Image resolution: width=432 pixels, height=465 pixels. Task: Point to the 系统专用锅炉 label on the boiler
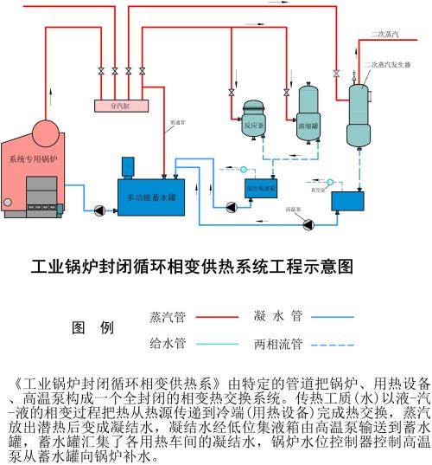coord(33,159)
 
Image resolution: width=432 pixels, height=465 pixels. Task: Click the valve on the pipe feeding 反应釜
coord(231,92)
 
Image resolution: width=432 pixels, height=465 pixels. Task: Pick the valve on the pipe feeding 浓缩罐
coord(286,92)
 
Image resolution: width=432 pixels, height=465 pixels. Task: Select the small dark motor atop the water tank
coord(129,165)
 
